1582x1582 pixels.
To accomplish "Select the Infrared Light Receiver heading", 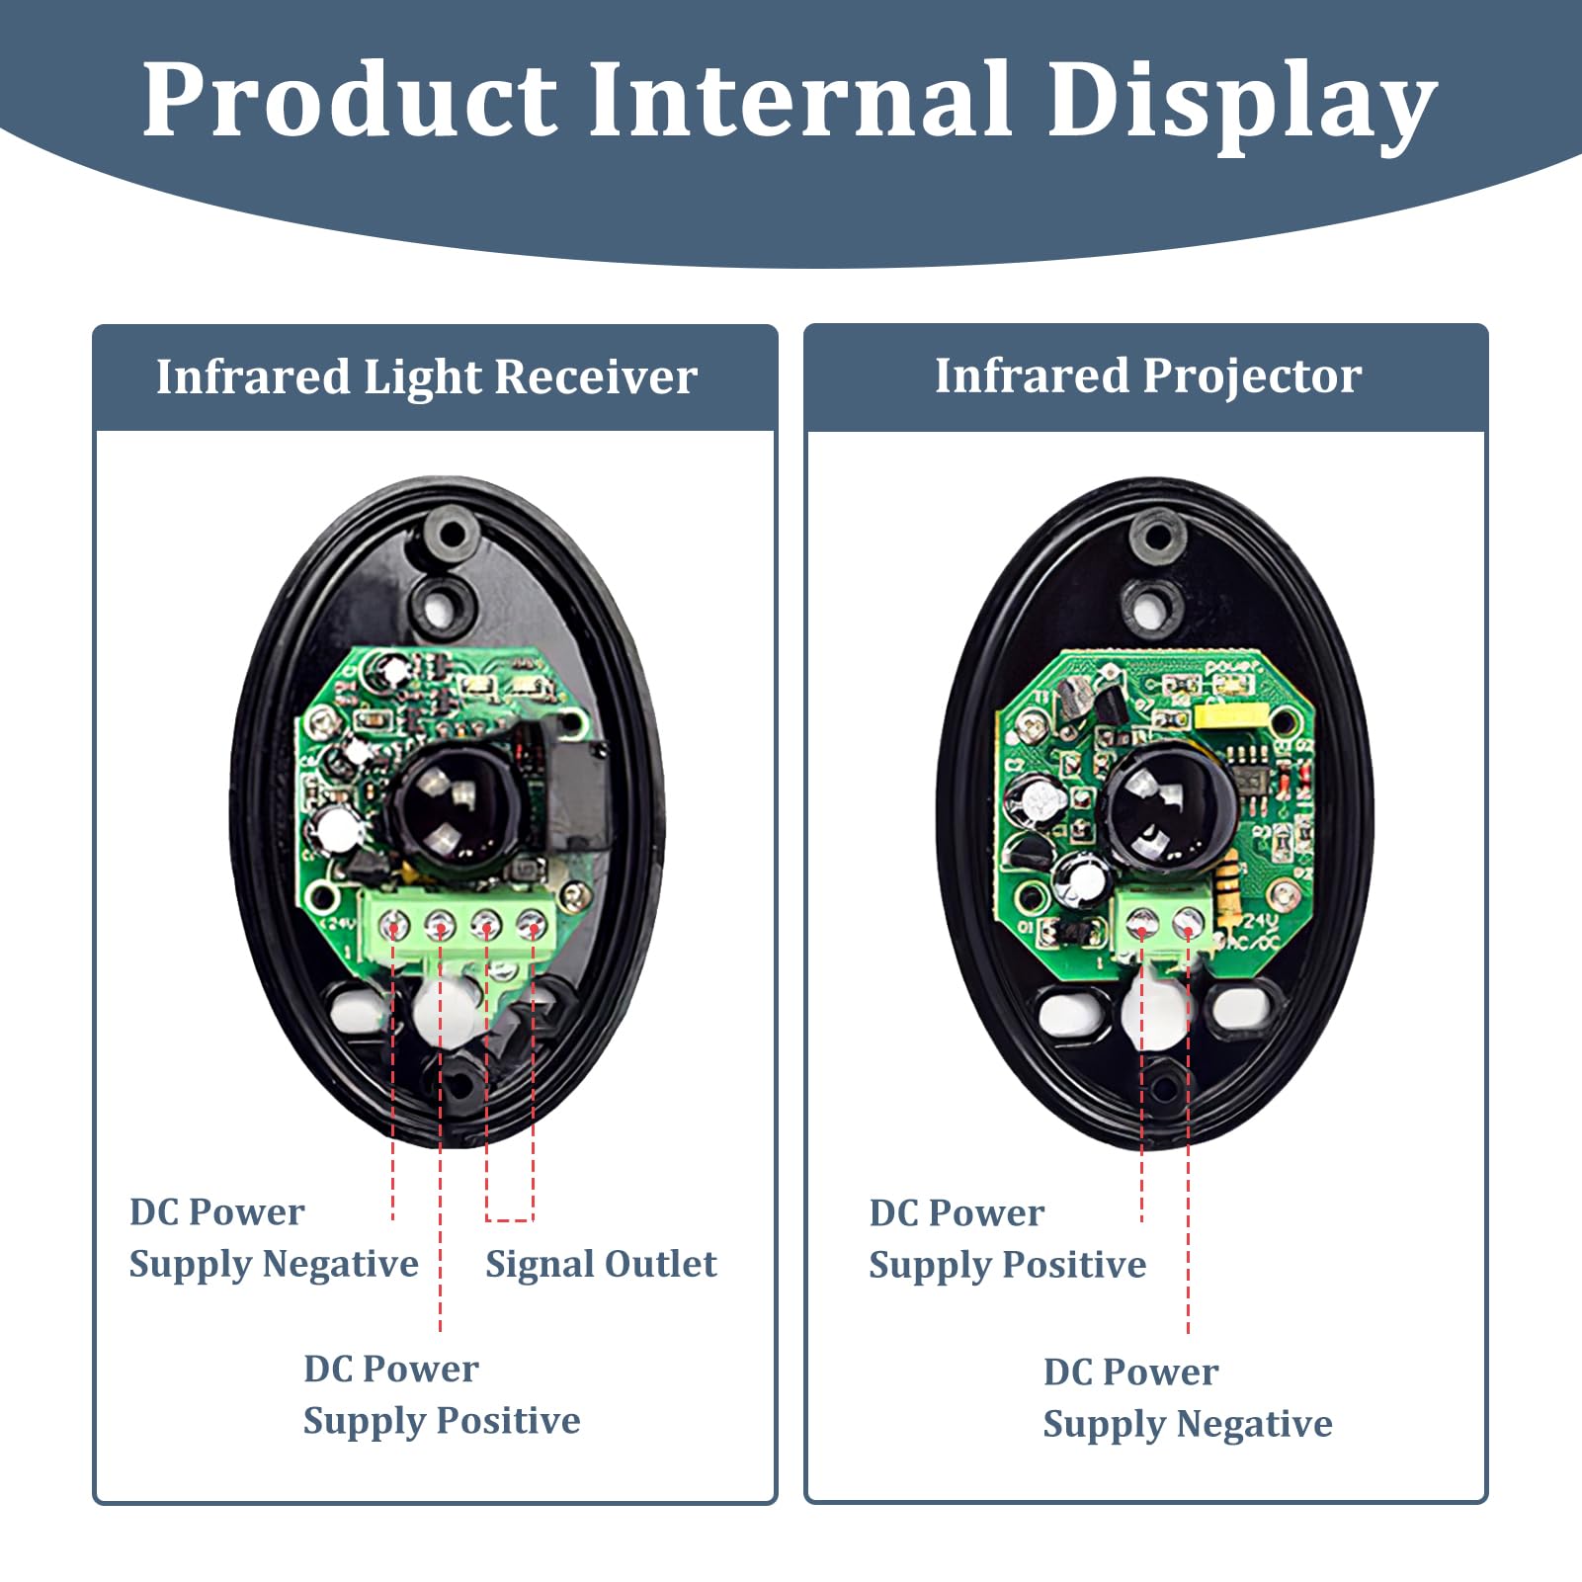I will click(427, 377).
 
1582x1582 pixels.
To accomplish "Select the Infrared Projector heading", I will click(1148, 376).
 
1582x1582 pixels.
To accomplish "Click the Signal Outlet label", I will click(601, 1264).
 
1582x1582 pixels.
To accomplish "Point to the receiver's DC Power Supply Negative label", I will click(273, 1238).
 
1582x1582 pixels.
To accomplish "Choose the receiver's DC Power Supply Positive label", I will click(441, 1394).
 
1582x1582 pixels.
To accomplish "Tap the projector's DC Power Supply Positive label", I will click(1007, 1239).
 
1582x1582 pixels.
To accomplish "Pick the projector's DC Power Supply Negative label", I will click(1187, 1397).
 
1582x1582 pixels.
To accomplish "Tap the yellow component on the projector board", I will click(1223, 714).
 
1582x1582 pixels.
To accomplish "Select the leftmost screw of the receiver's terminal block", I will click(393, 926).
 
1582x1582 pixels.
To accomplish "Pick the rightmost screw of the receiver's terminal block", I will click(532, 926).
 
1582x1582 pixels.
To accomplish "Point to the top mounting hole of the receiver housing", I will click(451, 535).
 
